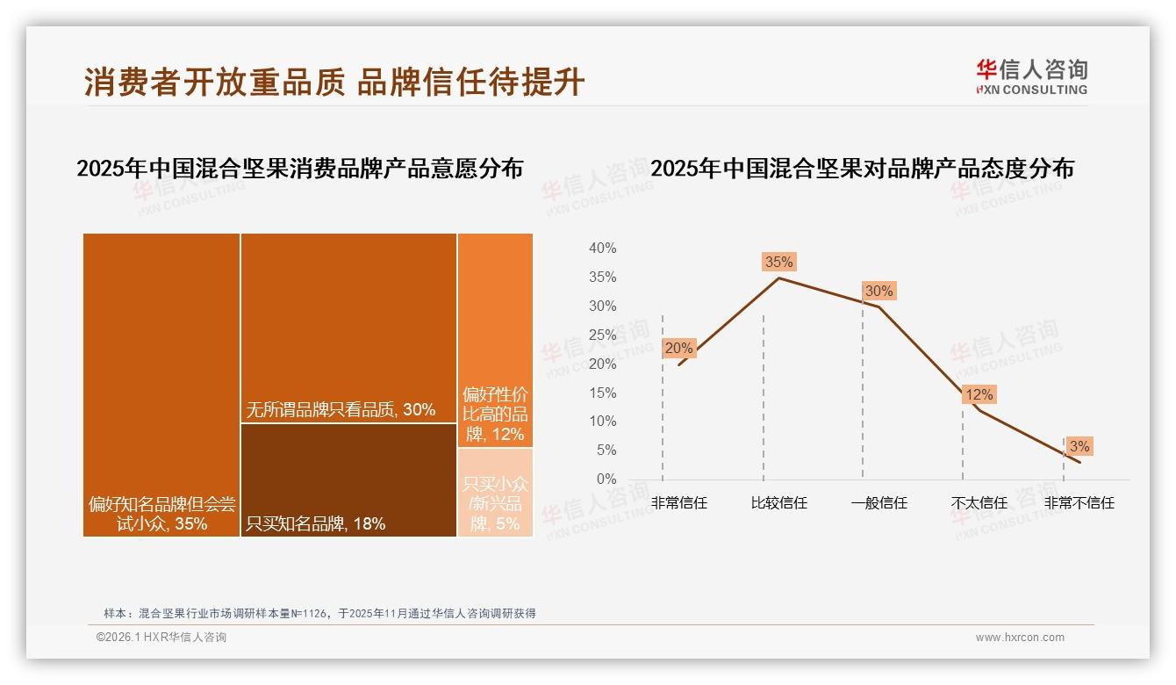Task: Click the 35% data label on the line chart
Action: pos(778,262)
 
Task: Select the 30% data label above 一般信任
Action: pos(878,291)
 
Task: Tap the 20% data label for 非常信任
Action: pos(678,348)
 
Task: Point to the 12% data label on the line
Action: pos(979,395)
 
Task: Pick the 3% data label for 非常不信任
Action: pos(1079,446)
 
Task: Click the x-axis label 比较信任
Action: pos(778,503)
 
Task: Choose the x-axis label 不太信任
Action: pos(979,503)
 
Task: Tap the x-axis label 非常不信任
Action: pos(1079,503)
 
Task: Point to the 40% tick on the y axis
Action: pos(602,249)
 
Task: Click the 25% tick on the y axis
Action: pos(602,335)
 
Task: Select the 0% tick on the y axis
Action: pos(606,479)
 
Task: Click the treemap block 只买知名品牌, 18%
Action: pos(348,479)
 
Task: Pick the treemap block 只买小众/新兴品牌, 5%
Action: pos(495,492)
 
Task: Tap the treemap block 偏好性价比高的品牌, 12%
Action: pos(495,341)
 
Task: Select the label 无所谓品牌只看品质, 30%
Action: pos(341,409)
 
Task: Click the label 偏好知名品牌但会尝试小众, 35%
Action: pos(161,514)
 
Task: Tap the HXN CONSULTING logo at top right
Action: pos(1031,77)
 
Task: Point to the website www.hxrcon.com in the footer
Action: pos(1020,638)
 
